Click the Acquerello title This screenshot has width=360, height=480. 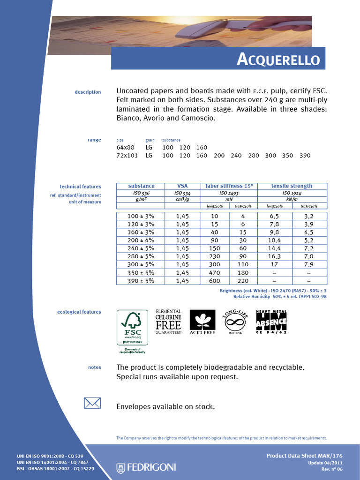point(278,60)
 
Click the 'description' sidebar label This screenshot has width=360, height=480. point(88,92)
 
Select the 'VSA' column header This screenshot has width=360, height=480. point(182,186)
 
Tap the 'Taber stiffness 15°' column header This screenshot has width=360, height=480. point(229,186)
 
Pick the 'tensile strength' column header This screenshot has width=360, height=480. point(292,186)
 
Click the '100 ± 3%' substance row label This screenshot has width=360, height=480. point(141,216)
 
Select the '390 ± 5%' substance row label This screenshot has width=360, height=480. point(141,281)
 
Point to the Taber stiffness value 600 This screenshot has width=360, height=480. point(215,281)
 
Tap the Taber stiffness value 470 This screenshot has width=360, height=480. point(215,273)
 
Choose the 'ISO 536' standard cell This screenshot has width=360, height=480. point(141,193)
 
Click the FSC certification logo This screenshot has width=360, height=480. point(133,331)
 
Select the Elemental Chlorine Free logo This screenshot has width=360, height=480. point(168,322)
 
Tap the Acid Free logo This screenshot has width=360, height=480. point(202,322)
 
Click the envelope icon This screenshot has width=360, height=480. point(92,403)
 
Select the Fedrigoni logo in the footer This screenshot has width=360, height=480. point(146,467)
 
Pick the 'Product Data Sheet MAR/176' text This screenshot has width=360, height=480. point(304,456)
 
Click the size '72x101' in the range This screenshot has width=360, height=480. point(127,156)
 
